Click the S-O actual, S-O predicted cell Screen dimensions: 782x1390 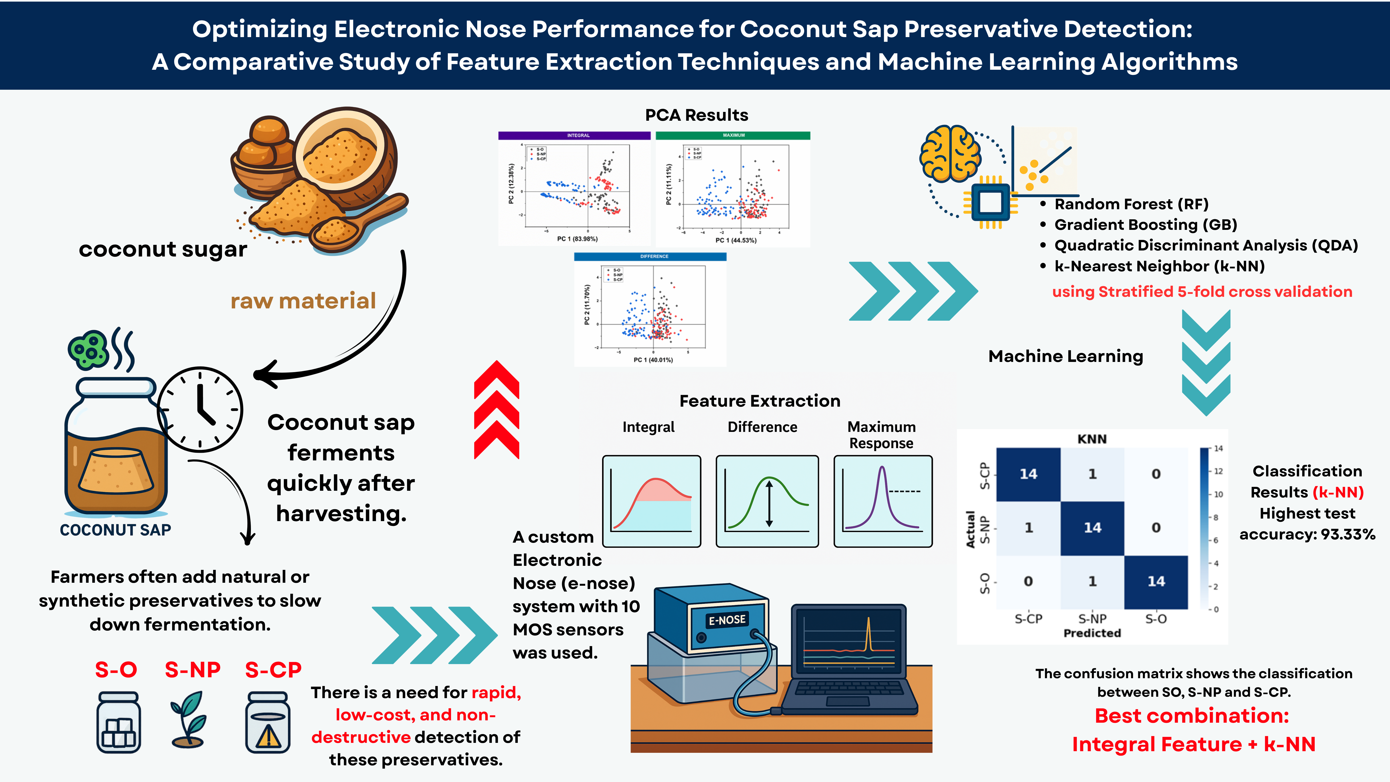1156,581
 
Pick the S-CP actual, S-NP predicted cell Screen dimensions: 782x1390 1092,474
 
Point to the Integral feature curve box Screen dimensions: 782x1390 651,501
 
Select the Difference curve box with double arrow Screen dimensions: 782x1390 767,501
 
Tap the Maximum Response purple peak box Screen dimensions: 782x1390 883,501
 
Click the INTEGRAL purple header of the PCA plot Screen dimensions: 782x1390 574,136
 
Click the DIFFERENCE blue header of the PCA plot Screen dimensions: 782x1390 650,256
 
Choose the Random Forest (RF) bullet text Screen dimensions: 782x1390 1131,204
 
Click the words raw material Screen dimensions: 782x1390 303,301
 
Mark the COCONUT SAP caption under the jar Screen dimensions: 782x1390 115,530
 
